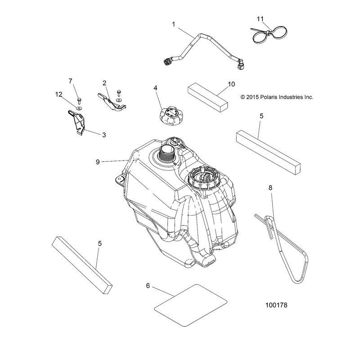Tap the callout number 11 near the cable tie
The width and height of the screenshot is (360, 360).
(x=260, y=19)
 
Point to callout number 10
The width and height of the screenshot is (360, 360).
(x=231, y=84)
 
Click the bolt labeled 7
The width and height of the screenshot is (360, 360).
(x=78, y=99)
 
